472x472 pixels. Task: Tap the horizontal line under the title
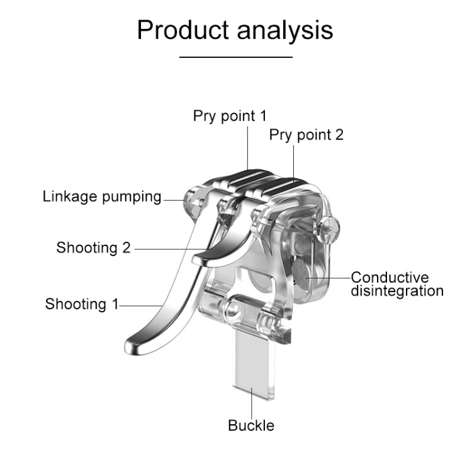236,57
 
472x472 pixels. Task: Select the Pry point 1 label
230,116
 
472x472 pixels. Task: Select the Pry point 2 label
306,135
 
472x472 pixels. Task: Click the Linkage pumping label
102,196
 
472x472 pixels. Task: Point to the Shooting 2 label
93,247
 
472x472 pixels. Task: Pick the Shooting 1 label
81,305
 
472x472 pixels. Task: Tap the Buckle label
251,425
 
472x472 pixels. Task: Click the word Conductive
390,278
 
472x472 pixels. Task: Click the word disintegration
397,291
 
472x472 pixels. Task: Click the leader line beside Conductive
334,277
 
